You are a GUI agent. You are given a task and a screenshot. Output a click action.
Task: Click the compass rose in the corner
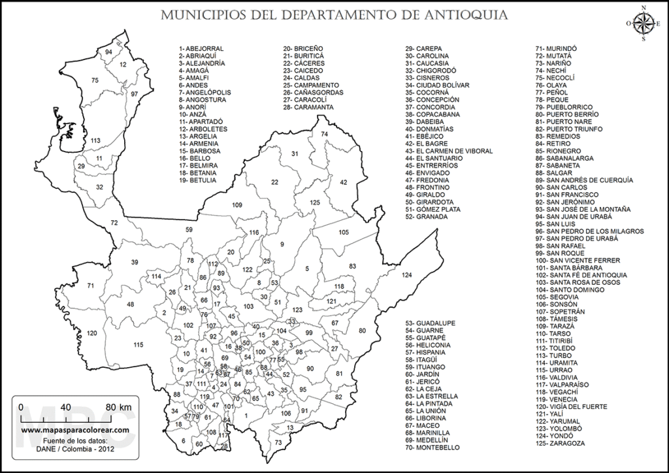click(644, 24)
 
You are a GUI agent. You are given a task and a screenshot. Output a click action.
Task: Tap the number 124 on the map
click(408, 274)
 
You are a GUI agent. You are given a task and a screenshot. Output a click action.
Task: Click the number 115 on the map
click(138, 345)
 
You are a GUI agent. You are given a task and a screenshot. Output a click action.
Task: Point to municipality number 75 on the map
click(95, 80)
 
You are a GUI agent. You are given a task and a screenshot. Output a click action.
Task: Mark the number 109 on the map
click(237, 206)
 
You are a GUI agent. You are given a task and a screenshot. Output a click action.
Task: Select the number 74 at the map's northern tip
click(324, 133)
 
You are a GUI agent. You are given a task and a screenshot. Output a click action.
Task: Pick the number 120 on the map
click(91, 334)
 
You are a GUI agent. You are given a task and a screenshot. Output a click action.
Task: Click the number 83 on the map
click(352, 266)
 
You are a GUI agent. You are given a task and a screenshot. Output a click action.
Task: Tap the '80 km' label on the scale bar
click(118, 406)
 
